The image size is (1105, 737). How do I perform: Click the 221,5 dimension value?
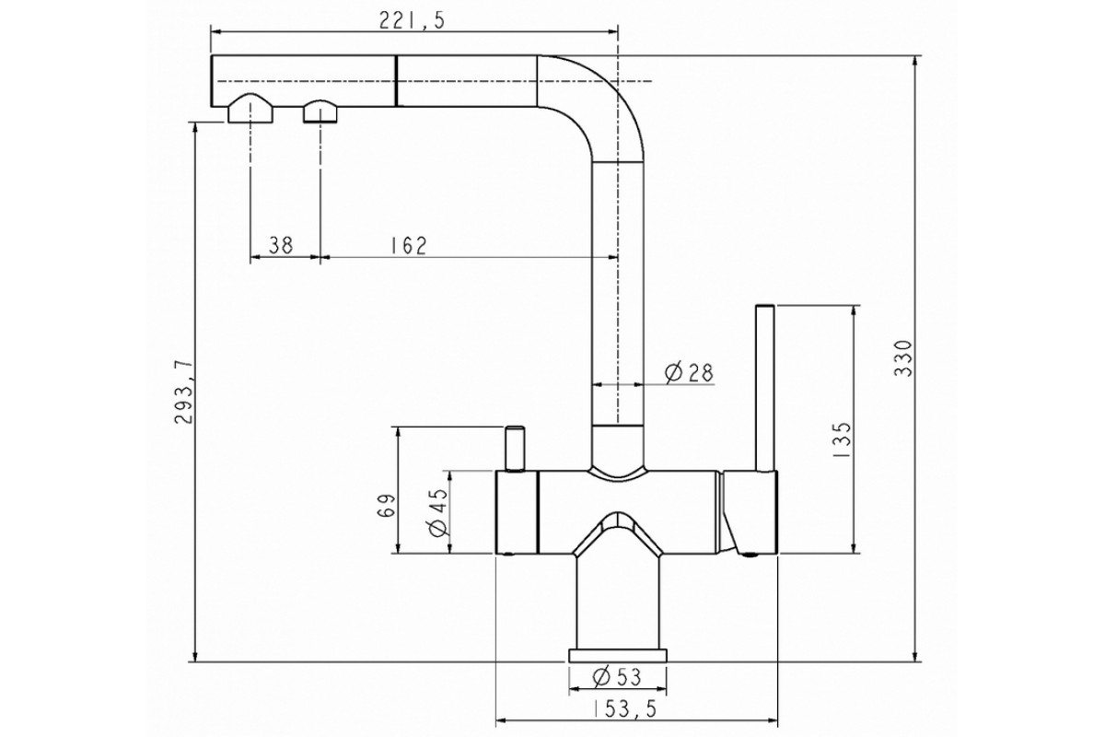tap(412, 21)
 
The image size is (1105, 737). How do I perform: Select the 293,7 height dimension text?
tap(182, 392)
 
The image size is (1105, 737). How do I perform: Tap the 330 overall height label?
tap(903, 358)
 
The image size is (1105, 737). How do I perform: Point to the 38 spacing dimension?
tap(281, 245)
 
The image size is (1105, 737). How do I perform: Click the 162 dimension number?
tap(409, 245)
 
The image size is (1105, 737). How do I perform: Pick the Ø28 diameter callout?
tap(689, 373)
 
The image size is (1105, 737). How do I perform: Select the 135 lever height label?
tap(841, 439)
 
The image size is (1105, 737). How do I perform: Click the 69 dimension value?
tap(386, 505)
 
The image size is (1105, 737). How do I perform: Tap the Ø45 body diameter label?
tap(438, 512)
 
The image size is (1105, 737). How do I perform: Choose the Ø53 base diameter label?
tap(617, 677)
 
